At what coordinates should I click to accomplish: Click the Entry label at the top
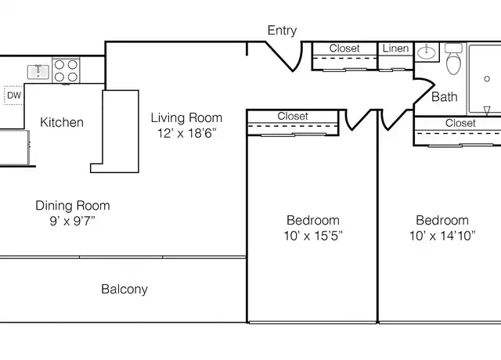pos(282,31)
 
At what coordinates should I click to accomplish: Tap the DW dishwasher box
pos(14,95)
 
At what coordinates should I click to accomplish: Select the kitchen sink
pos(38,71)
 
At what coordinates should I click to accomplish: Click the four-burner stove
pos(66,70)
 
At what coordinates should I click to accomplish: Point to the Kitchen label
pos(62,122)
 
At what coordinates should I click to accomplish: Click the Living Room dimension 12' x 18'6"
pos(186,133)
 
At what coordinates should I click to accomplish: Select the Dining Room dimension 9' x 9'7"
pos(73,221)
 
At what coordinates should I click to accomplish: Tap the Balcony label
pos(124,290)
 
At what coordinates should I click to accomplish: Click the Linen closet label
pos(395,49)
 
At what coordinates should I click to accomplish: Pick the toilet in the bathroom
pos(453,59)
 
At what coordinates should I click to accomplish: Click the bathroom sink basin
pos(427,52)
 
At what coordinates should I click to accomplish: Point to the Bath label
pos(444,97)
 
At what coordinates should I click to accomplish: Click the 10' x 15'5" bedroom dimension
pos(313,236)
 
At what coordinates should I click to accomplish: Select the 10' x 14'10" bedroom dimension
pos(442,236)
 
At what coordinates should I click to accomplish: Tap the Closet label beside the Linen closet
pos(344,49)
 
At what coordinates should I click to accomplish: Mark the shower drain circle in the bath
pos(487,78)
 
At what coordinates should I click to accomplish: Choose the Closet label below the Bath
pos(460,123)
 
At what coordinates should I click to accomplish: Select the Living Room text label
pos(186,118)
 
